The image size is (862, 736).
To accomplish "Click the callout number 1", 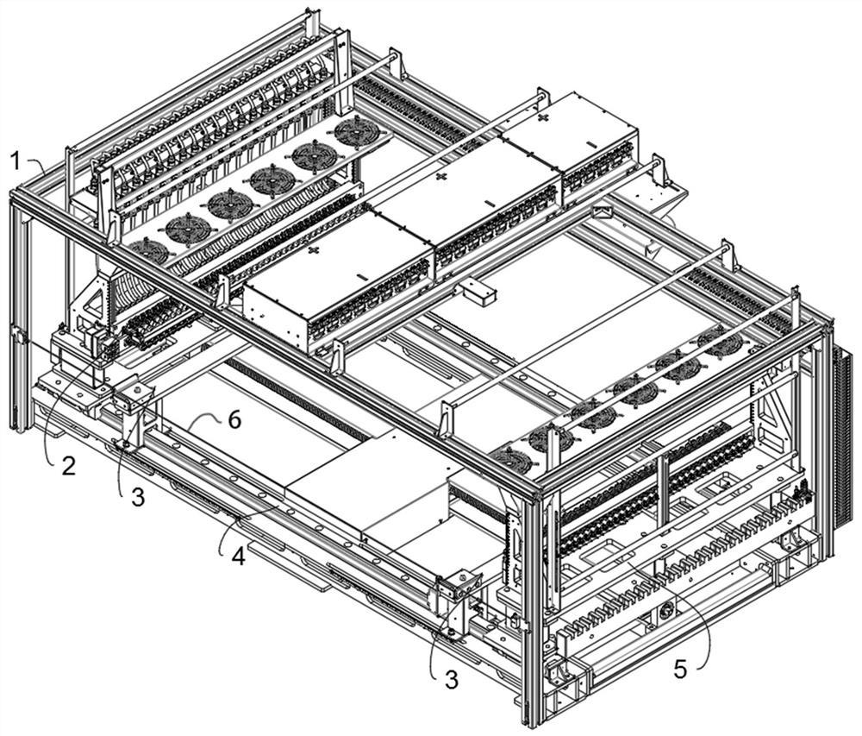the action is pyautogui.click(x=16, y=161).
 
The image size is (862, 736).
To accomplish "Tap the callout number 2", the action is pyautogui.click(x=68, y=467).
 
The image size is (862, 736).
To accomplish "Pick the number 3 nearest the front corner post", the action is pyautogui.click(x=451, y=681).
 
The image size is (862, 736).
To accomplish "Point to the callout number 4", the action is pyautogui.click(x=238, y=557).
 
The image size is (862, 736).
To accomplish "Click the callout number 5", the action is pyautogui.click(x=681, y=670).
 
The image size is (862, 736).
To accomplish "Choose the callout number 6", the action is pyautogui.click(x=234, y=420).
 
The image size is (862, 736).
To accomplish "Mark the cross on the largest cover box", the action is pyautogui.click(x=314, y=251).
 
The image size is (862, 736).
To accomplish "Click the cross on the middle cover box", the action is pyautogui.click(x=440, y=177).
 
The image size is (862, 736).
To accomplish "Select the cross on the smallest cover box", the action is pyautogui.click(x=542, y=118).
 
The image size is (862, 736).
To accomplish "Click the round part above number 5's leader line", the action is pyautogui.click(x=666, y=610).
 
